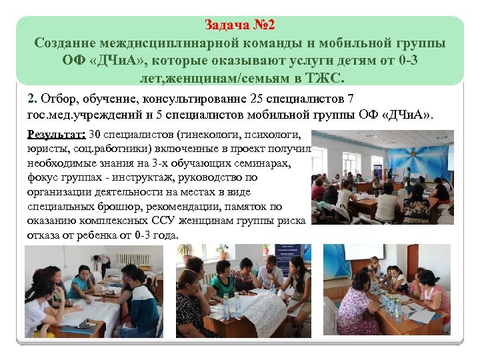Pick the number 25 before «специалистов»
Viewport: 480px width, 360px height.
point(257,100)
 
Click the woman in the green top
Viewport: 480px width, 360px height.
point(221,287)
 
